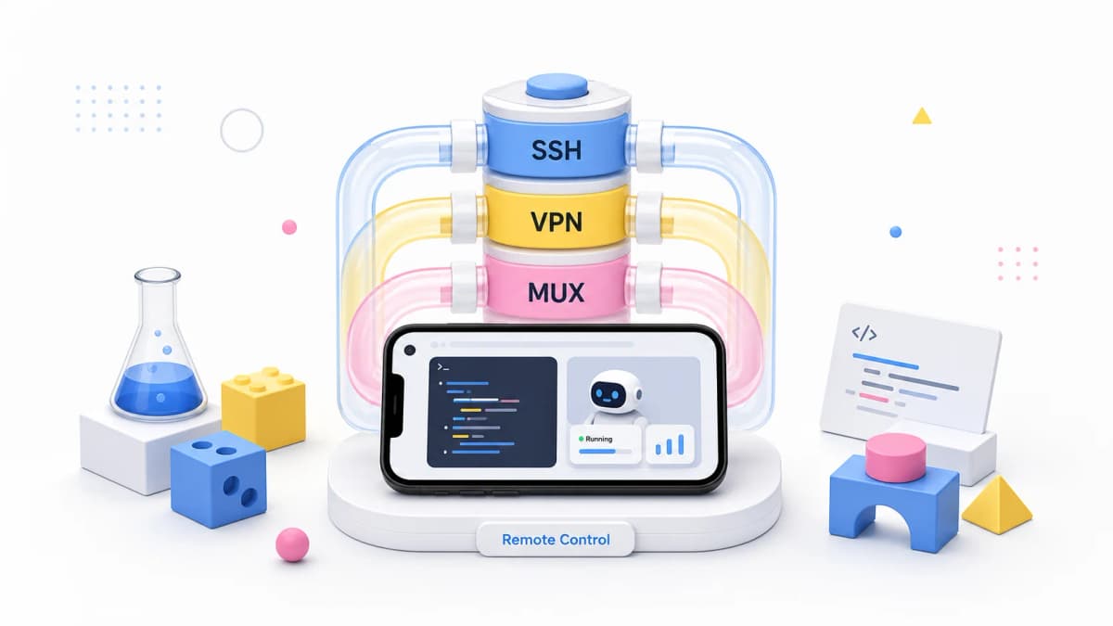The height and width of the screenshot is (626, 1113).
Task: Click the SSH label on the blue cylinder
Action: click(x=556, y=150)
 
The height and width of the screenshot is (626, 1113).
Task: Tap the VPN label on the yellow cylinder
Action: click(x=556, y=222)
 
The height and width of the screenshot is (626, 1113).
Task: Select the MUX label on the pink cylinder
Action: click(x=556, y=293)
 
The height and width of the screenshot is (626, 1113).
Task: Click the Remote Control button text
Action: click(x=556, y=540)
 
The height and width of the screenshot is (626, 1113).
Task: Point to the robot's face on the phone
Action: click(x=608, y=395)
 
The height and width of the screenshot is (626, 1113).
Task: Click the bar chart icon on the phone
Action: click(x=670, y=444)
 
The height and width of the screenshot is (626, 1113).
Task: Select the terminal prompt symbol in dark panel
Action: click(x=442, y=367)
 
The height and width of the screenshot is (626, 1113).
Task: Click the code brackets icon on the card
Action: click(x=864, y=333)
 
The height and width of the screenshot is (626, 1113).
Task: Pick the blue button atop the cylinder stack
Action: click(x=557, y=86)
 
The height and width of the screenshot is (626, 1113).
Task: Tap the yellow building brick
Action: click(x=263, y=408)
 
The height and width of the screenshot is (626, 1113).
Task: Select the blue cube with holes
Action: click(x=219, y=479)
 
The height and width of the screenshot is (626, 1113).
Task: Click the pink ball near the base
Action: click(x=292, y=544)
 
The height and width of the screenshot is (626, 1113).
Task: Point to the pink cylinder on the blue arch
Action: click(x=895, y=457)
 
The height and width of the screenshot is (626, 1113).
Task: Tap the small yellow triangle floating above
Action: click(x=922, y=116)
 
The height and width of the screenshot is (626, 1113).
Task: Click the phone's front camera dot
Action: click(x=410, y=351)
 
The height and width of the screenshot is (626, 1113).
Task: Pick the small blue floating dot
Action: click(x=895, y=232)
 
